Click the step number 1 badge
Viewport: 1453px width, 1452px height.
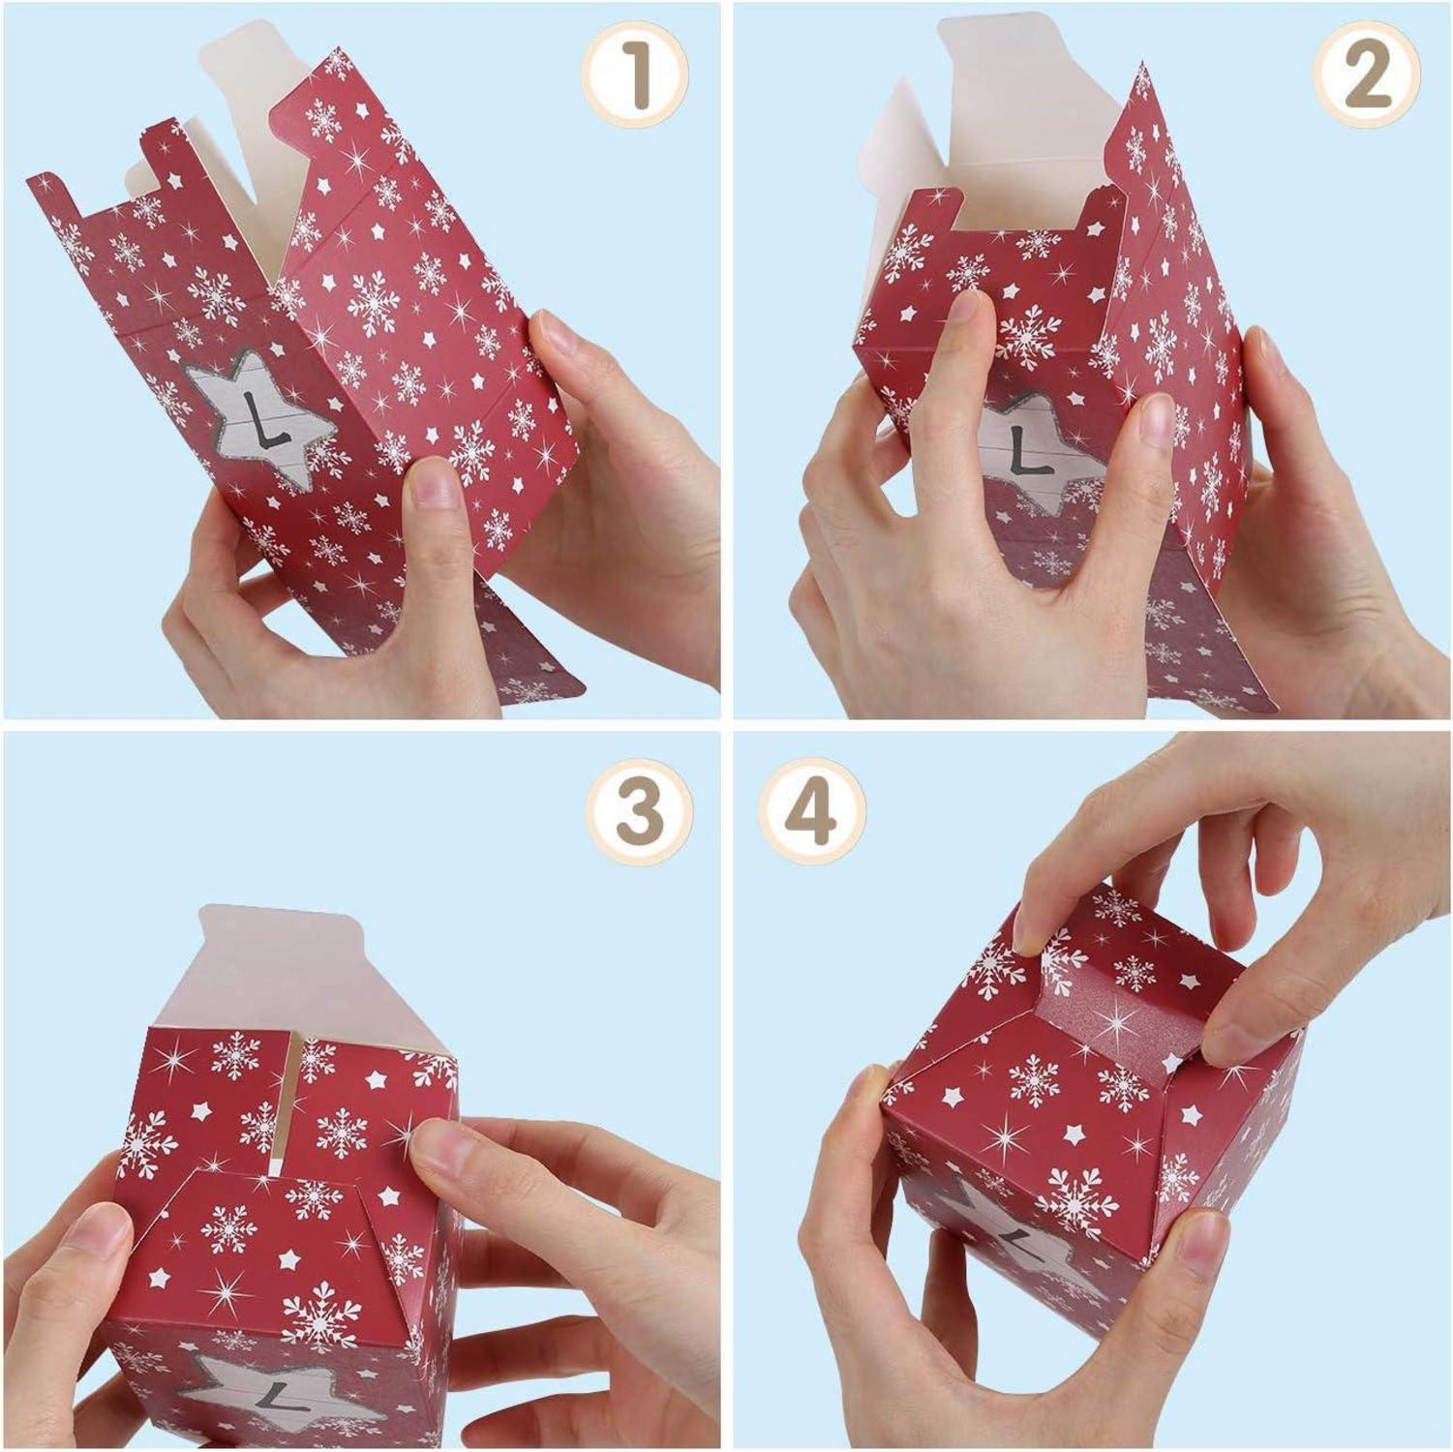(635, 76)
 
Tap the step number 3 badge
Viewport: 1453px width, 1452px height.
(640, 811)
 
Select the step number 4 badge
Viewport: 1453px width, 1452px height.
(811, 811)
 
